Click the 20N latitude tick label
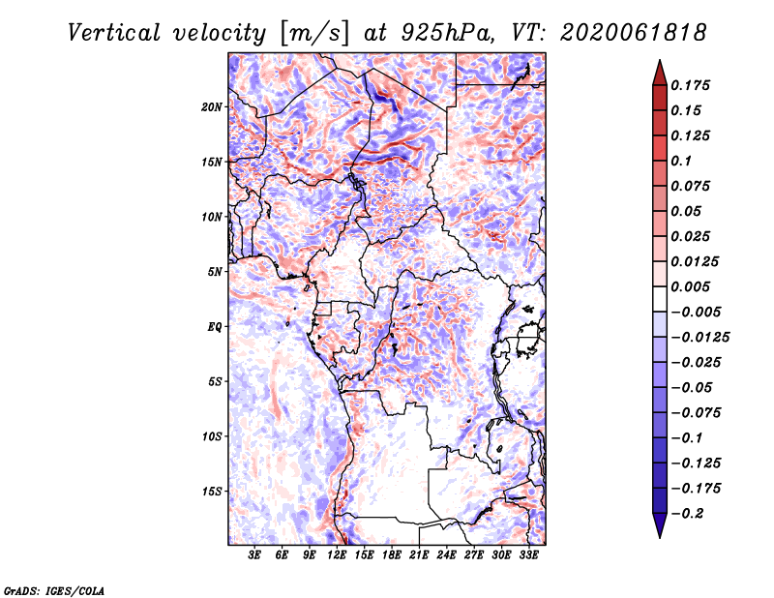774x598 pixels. click(x=212, y=106)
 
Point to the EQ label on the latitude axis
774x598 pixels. click(x=215, y=327)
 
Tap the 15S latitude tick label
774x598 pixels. click(x=212, y=492)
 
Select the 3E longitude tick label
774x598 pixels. click(x=254, y=555)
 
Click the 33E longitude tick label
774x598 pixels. click(x=528, y=555)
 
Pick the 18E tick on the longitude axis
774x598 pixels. click(x=392, y=555)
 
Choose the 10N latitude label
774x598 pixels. click(x=212, y=217)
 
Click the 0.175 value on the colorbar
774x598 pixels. click(x=690, y=85)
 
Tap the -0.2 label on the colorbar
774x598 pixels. click(x=688, y=514)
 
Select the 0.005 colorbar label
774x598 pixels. click(x=690, y=286)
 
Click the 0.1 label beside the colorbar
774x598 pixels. click(x=681, y=161)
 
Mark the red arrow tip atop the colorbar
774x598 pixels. click(x=660, y=61)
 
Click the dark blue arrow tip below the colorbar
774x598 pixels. click(x=660, y=537)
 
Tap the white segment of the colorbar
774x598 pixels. click(x=660, y=299)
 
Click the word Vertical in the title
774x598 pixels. click(x=114, y=33)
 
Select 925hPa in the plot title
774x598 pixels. click(x=447, y=33)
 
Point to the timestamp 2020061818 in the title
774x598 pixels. click(x=634, y=33)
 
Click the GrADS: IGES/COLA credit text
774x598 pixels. click(x=54, y=591)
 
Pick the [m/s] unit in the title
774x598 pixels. click(x=315, y=34)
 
